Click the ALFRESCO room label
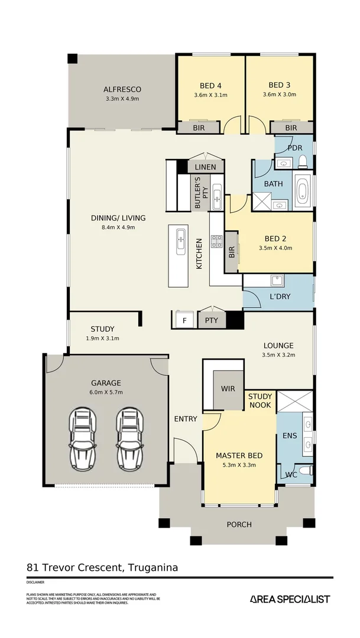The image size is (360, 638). click(122, 90)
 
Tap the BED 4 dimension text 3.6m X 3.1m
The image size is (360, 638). click(210, 95)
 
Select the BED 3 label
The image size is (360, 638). click(280, 84)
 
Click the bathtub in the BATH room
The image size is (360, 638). click(302, 192)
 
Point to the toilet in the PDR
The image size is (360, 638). click(302, 161)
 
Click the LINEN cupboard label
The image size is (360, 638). click(205, 167)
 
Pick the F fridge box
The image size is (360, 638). click(184, 321)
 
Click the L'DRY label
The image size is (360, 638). click(280, 297)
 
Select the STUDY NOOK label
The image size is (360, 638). click(260, 401)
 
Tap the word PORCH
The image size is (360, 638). click(239, 525)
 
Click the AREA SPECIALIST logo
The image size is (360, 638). click(290, 599)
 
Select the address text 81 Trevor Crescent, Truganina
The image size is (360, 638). click(102, 568)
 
